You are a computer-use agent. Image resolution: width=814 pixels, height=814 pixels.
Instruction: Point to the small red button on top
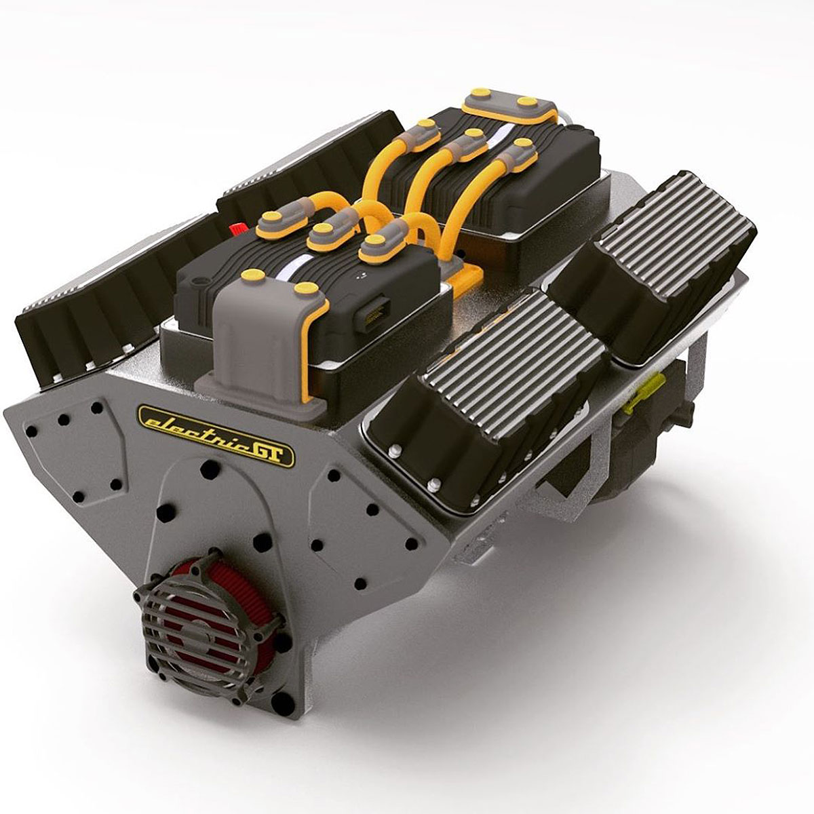pyautogui.click(x=238, y=229)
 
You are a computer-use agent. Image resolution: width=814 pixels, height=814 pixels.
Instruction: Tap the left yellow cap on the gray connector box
pyautogui.click(x=252, y=275)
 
